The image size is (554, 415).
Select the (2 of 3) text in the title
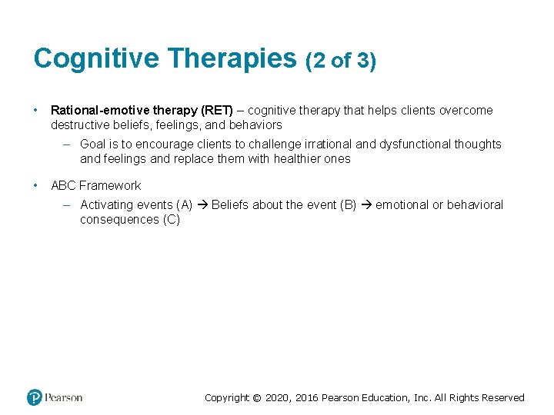(341, 61)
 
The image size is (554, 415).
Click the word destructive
(80, 124)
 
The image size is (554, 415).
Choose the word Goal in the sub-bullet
(93, 144)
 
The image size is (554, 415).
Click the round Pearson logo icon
(35, 397)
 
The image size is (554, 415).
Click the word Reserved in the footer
(502, 398)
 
